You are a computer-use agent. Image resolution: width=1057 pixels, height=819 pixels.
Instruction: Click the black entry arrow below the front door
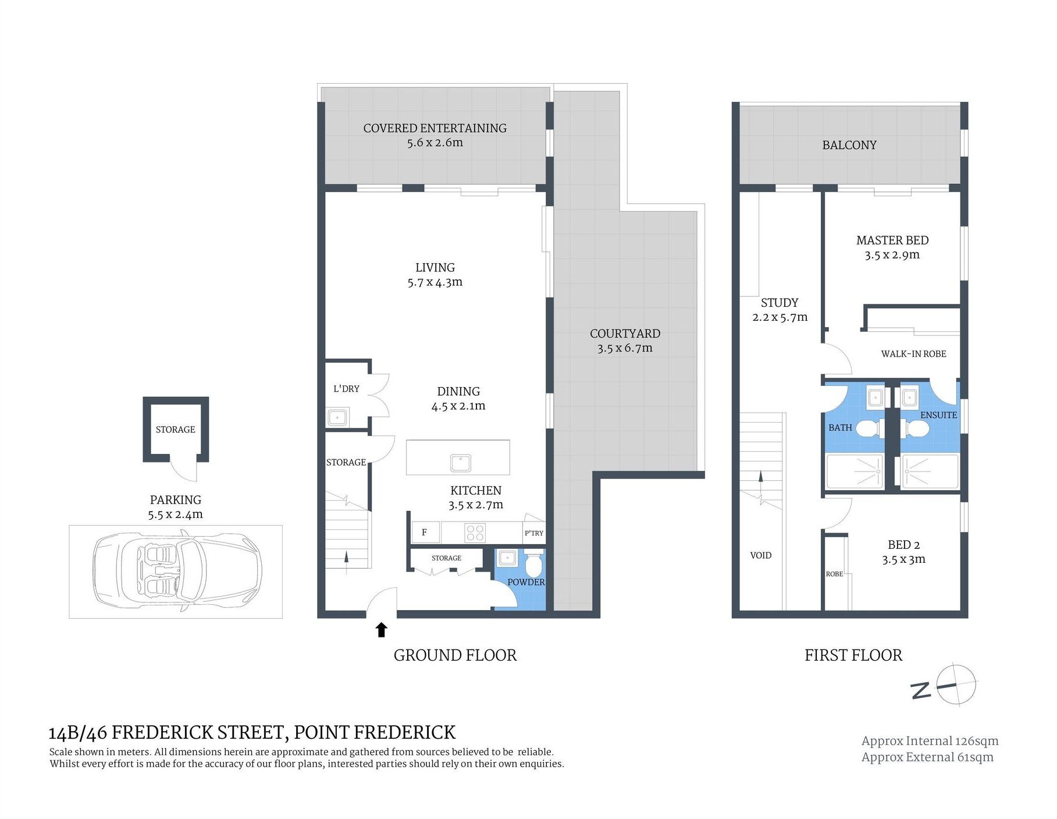coord(382,630)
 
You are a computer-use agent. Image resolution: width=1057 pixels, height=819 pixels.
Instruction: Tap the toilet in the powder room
coord(533,561)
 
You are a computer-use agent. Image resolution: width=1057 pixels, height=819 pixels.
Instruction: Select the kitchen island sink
coord(461,463)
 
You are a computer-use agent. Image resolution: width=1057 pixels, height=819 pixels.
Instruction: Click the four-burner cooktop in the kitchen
coord(475,533)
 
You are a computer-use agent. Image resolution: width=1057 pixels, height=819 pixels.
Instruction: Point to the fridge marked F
coord(425,532)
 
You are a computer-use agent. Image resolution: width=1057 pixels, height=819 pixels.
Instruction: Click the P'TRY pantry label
coord(534,533)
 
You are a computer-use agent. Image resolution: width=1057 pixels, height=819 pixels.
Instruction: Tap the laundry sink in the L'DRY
coord(337,417)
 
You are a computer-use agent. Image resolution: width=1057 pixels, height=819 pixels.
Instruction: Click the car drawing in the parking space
coord(177,570)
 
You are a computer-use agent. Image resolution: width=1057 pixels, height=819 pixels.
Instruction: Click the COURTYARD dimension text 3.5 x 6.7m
coord(625,348)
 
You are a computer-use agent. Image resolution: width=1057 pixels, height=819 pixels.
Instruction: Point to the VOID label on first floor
coord(761,555)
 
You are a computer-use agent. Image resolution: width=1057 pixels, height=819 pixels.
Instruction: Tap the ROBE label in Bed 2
coord(834,574)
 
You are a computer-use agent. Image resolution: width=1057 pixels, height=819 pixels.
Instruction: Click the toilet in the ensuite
coord(916,429)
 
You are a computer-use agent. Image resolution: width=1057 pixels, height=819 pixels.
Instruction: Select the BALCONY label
coord(849,145)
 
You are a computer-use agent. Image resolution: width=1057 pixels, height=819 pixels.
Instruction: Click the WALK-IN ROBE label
coord(913,354)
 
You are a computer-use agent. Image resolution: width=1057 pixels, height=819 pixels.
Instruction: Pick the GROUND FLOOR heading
coord(455,655)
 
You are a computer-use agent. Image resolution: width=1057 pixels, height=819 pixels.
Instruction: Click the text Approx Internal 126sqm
coord(930,741)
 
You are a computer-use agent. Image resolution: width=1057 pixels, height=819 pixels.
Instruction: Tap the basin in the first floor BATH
coord(875,398)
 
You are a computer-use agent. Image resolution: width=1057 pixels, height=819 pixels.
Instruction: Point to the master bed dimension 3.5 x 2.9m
coord(892,255)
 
